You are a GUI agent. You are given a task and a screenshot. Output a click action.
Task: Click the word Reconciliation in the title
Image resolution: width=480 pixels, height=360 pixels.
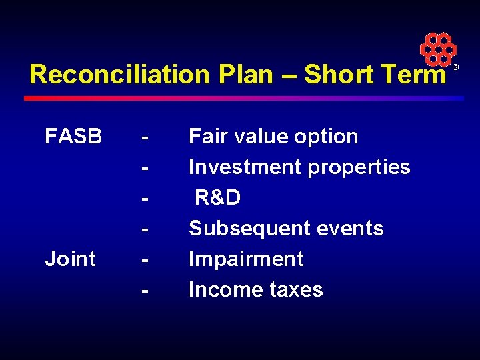point(119,75)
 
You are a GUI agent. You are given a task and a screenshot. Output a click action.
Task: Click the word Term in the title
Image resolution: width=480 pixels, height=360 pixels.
point(412,75)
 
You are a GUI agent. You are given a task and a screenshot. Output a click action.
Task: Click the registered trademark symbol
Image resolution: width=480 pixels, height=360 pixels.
point(456,68)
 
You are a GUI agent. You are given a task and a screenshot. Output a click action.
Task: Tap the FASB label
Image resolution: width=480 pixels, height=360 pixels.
point(73,137)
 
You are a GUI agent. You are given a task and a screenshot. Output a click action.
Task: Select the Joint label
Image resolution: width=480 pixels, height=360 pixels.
point(70,259)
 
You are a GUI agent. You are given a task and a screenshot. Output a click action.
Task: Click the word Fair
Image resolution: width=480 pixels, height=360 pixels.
point(207,137)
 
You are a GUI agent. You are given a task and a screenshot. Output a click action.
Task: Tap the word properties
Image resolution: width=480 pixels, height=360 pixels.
point(359,167)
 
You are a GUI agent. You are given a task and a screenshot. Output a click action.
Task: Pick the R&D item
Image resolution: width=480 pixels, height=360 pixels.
point(217,198)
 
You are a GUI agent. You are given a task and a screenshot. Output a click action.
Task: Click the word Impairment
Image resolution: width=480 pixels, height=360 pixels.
point(246,259)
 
